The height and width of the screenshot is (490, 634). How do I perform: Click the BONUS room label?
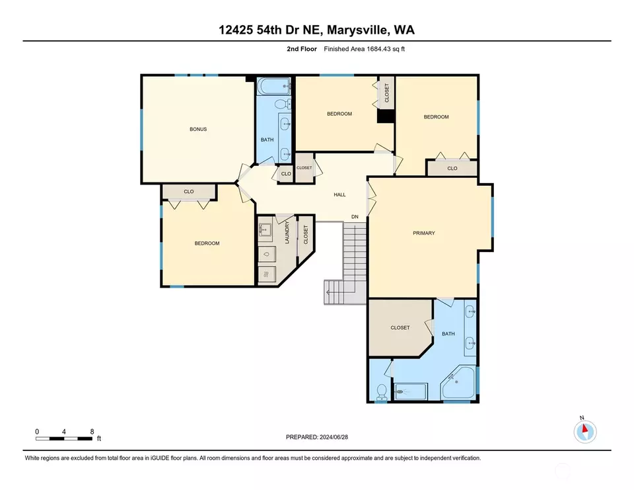[x=198, y=129]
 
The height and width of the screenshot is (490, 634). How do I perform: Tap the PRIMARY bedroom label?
[x=424, y=233]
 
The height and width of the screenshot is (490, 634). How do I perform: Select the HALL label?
[x=339, y=194]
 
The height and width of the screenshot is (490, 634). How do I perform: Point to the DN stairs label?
[x=355, y=217]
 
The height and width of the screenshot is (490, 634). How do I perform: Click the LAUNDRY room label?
[x=287, y=232]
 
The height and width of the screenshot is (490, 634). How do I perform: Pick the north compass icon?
[x=584, y=431]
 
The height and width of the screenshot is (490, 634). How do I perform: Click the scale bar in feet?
[x=63, y=438]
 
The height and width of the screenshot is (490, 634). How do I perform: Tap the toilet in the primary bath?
[x=381, y=393]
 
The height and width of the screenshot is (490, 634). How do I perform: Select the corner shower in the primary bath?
[x=458, y=382]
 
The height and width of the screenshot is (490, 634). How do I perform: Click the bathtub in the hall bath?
[x=273, y=86]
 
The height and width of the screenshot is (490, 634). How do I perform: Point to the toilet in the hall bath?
[x=283, y=104]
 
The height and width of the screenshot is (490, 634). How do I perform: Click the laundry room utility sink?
[x=265, y=230]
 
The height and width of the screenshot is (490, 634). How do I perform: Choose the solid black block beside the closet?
[x=386, y=116]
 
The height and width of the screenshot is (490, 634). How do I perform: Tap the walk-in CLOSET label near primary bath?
[x=400, y=327]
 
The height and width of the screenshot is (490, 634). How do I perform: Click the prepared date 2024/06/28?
[x=334, y=437]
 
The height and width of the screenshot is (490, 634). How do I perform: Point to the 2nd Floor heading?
[x=302, y=49]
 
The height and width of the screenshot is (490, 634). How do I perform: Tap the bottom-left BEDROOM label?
[x=207, y=243]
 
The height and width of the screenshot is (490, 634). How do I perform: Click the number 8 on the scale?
[x=92, y=432]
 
